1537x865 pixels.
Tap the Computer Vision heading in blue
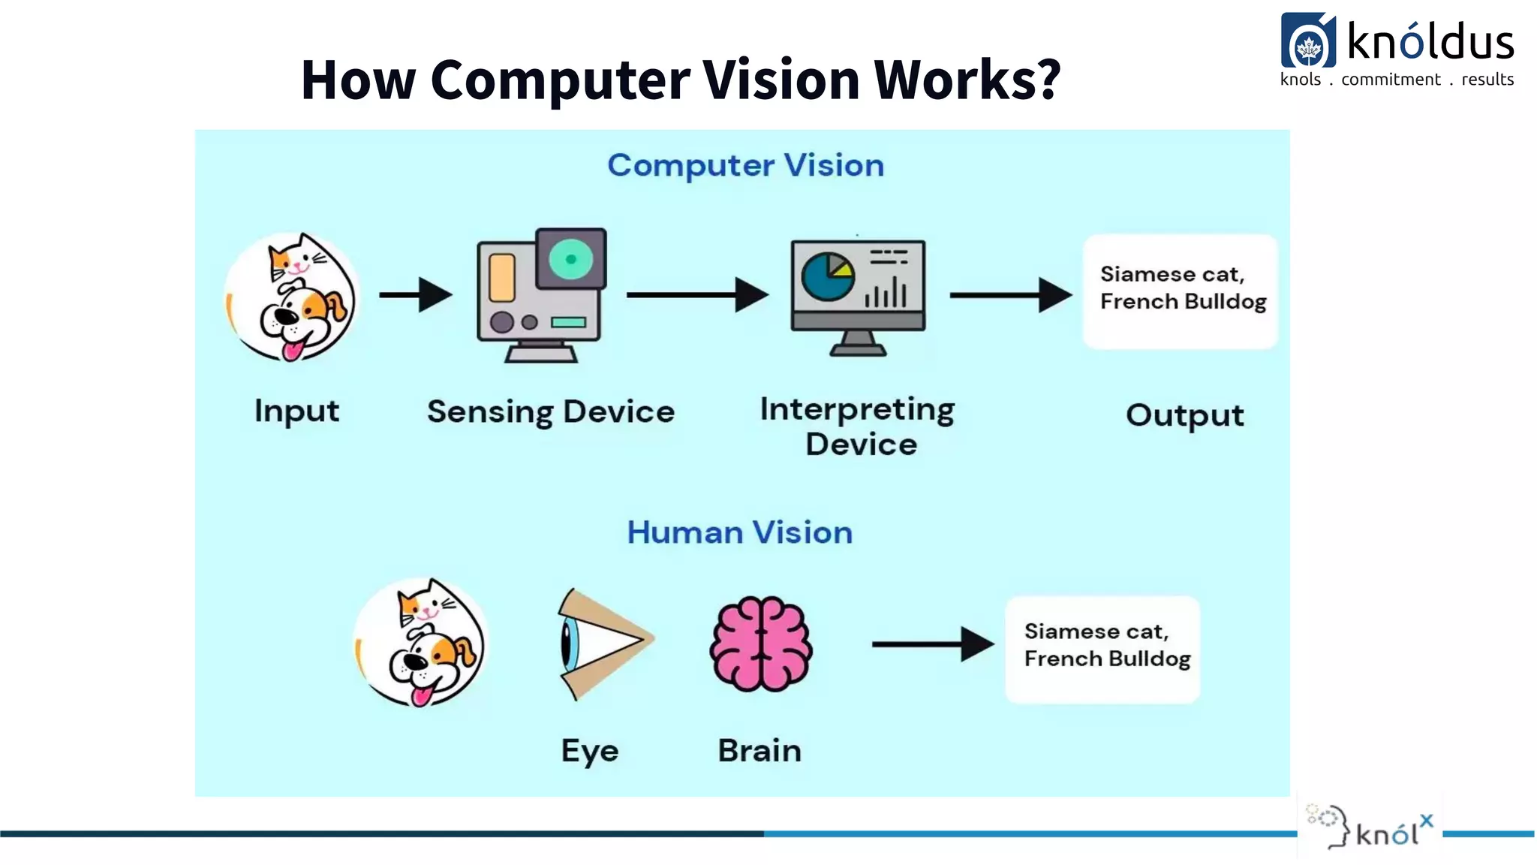(x=745, y=166)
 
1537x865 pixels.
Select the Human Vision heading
(x=739, y=533)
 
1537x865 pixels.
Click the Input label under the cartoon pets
(x=296, y=411)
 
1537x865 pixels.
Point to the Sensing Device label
(x=551, y=412)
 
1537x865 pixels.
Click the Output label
(x=1184, y=415)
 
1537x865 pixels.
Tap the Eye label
(x=590, y=751)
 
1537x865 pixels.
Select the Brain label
(x=759, y=751)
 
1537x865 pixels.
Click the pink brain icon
(x=761, y=644)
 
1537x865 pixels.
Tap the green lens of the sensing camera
(x=570, y=259)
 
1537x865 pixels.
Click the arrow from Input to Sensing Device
(x=415, y=295)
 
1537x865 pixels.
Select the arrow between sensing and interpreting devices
(x=697, y=295)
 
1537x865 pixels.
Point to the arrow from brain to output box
(x=933, y=644)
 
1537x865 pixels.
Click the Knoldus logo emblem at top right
(x=1308, y=42)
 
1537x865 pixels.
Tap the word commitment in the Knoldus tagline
(x=1391, y=80)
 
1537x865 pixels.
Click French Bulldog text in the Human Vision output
(x=1107, y=659)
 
